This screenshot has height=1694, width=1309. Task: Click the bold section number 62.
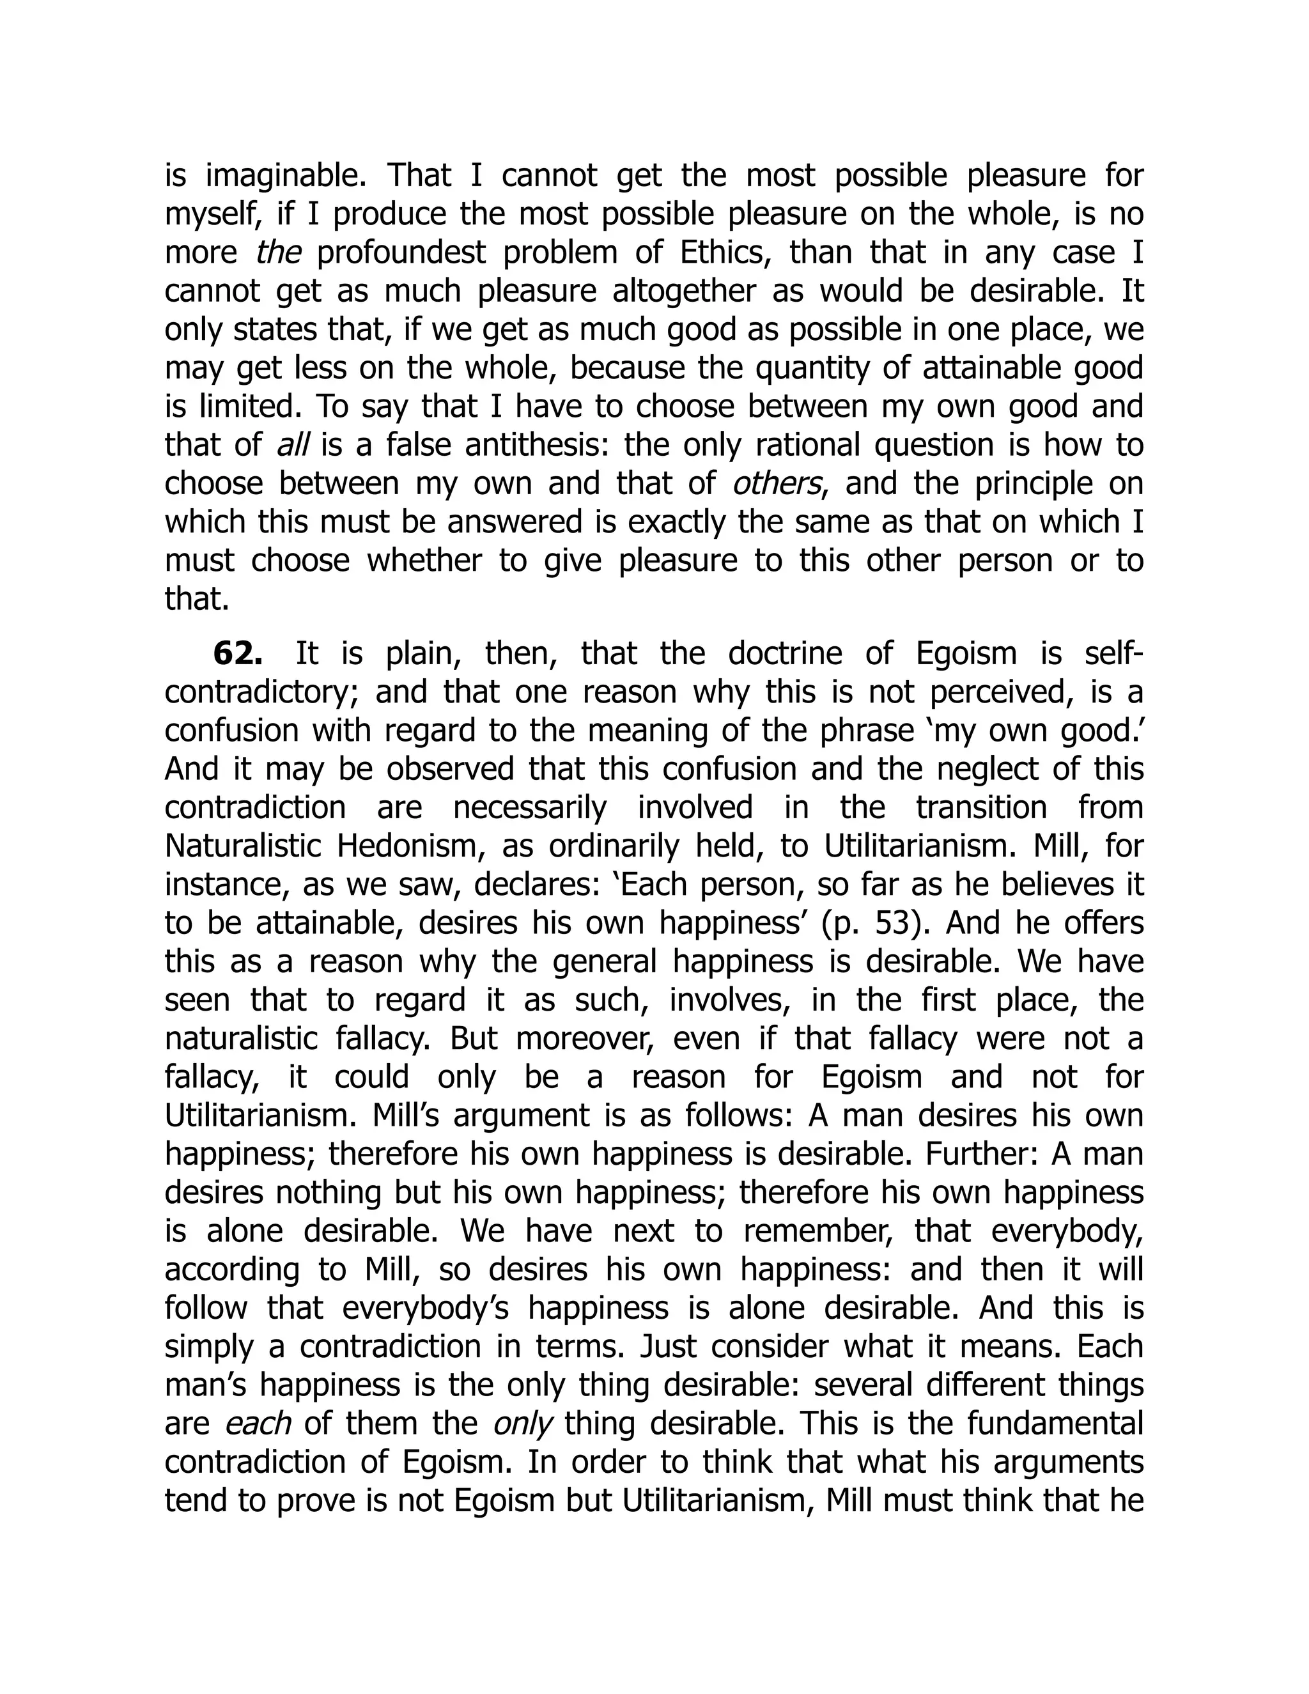point(237,654)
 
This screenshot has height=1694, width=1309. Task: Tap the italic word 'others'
point(777,484)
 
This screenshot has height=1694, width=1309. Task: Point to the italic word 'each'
point(257,1424)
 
